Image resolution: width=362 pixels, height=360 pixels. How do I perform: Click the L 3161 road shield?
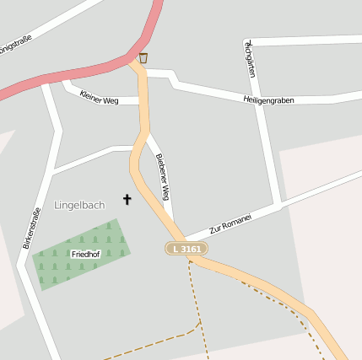186,249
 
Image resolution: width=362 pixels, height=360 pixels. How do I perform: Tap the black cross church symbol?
127,200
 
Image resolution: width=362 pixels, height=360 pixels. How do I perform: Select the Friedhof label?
85,254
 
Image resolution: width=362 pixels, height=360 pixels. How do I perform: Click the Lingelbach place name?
79,205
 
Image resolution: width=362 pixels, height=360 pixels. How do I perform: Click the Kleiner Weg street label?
98,98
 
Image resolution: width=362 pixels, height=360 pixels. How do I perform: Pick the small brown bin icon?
143,58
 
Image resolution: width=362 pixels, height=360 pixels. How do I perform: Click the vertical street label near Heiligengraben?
250,58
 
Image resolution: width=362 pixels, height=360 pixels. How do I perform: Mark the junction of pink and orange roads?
135,59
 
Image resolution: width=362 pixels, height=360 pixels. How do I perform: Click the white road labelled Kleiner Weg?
127,100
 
